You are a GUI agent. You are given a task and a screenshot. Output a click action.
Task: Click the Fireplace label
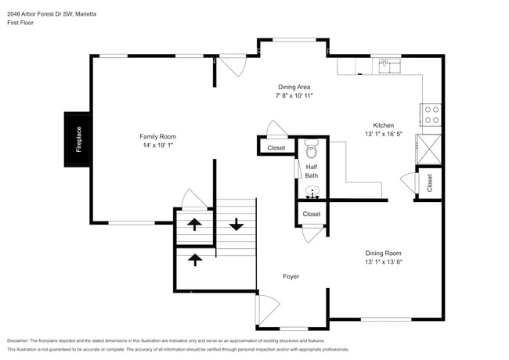point(78,139)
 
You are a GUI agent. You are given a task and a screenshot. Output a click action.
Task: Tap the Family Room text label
point(157,136)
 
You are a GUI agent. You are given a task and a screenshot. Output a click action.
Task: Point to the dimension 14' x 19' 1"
point(157,146)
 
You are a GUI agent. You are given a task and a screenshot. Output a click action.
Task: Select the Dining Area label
point(294,87)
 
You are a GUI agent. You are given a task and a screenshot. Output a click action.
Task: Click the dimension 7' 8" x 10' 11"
point(294,95)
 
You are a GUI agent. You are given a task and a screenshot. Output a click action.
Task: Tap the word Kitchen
point(383,125)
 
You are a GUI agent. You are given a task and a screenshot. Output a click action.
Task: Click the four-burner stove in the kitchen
point(431,115)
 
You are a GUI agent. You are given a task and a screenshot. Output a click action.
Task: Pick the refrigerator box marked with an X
point(430,149)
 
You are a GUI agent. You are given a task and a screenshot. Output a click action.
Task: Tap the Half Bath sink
point(312,191)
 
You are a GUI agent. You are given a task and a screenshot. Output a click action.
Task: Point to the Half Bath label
point(312,171)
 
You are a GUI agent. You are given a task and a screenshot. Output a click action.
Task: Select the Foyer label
point(291,276)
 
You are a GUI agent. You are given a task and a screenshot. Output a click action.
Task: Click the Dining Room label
point(383,253)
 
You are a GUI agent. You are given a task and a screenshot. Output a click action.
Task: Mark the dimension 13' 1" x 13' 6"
point(383,262)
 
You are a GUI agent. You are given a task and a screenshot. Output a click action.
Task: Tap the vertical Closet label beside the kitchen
point(430,183)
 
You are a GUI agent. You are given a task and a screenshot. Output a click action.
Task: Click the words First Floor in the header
point(21,22)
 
